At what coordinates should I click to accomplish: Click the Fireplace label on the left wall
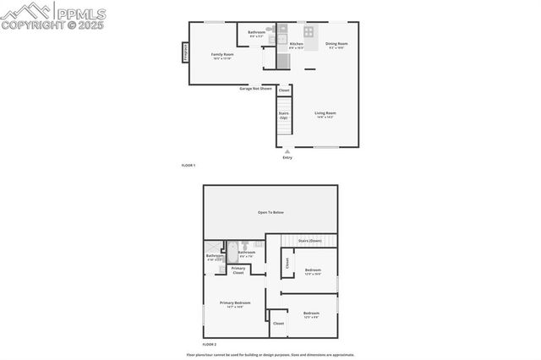[x=184, y=52]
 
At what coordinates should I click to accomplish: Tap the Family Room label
[x=222, y=56]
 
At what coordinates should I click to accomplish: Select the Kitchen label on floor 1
[x=297, y=45]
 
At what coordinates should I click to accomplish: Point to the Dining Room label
[x=336, y=45]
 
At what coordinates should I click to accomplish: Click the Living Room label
[x=325, y=114]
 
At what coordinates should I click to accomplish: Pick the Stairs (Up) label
[x=284, y=114]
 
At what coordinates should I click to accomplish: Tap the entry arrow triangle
[x=287, y=150]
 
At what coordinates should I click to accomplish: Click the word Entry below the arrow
[x=287, y=158]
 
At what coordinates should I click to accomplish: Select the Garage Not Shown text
[x=255, y=88]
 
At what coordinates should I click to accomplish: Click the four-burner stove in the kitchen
[x=309, y=31]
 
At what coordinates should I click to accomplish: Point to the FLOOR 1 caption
[x=189, y=165]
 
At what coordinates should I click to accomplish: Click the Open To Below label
[x=270, y=212]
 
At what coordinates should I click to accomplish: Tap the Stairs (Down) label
[x=309, y=241]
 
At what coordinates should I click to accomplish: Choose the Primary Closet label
[x=238, y=271]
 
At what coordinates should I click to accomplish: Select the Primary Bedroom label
[x=235, y=304]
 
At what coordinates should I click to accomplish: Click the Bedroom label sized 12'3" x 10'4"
[x=312, y=271]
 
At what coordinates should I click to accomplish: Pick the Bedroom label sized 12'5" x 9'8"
[x=311, y=314]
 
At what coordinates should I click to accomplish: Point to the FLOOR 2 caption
[x=209, y=345]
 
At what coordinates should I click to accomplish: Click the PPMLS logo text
[x=80, y=12]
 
